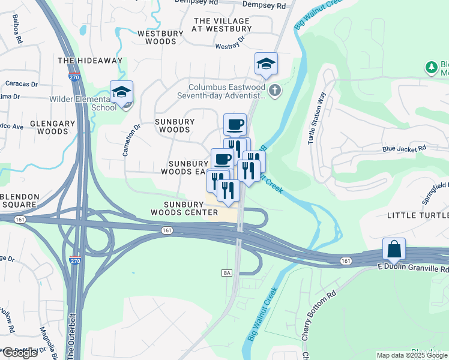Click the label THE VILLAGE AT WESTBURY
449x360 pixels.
[222, 25]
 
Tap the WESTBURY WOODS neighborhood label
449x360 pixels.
[157, 38]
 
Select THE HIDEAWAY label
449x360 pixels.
[89, 61]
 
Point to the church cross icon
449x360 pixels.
[274, 92]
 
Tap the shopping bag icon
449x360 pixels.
[394, 248]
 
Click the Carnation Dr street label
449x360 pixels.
[131, 140]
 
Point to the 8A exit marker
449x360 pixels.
[227, 273]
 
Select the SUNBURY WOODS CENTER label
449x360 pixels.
[184, 208]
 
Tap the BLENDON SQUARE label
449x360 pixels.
[19, 200]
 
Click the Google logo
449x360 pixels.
[20, 352]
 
